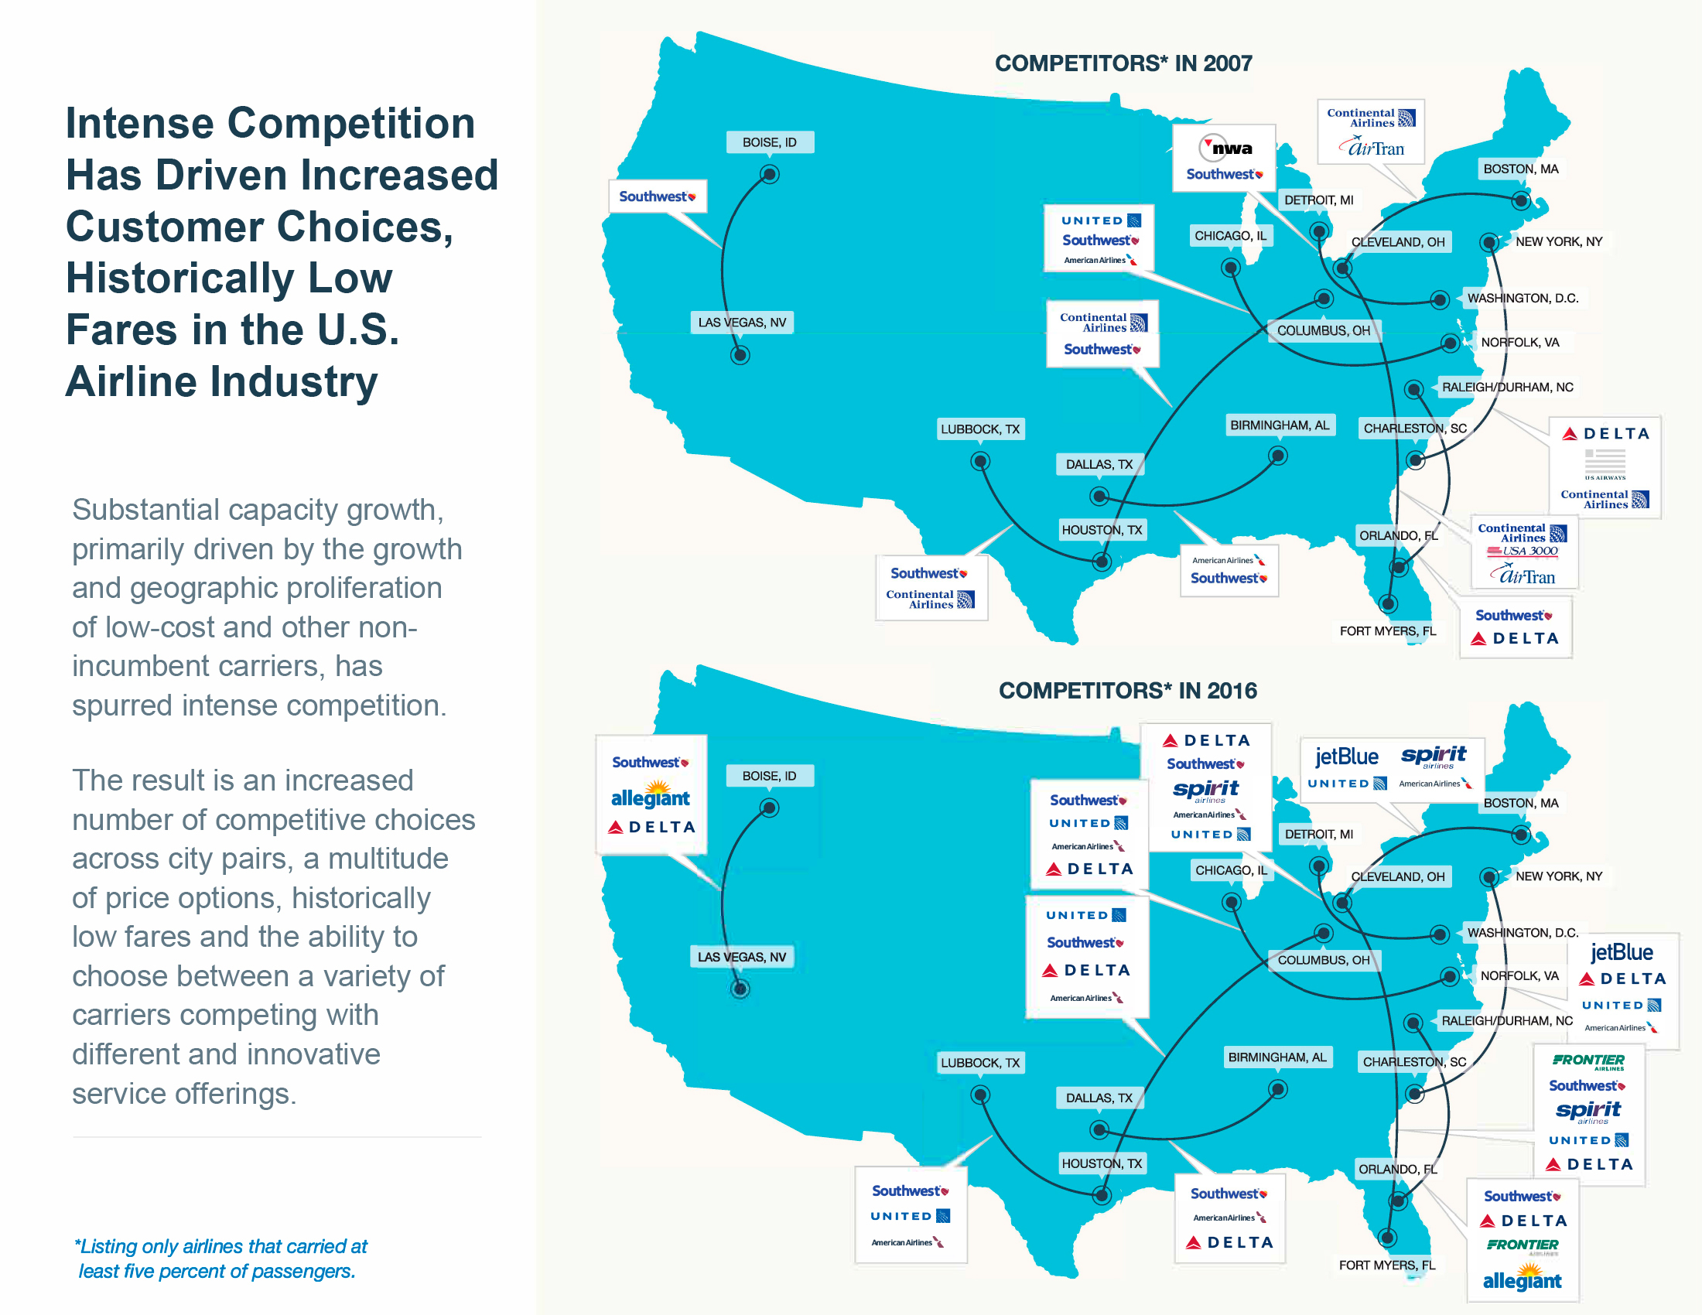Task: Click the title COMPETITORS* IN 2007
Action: tap(1123, 63)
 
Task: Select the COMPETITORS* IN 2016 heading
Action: tap(1128, 690)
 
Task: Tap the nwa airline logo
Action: tap(1226, 147)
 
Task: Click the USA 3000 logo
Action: tap(1522, 552)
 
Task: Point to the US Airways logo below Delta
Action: tap(1605, 464)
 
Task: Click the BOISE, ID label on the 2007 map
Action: tap(769, 142)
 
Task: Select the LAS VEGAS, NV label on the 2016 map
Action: tap(742, 957)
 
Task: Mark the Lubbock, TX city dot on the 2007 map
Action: tap(979, 462)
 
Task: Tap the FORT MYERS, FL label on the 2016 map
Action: tap(1386, 1265)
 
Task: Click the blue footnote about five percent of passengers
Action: tap(221, 1258)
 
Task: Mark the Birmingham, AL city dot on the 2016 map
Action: tap(1278, 1089)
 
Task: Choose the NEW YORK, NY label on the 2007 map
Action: tap(1559, 241)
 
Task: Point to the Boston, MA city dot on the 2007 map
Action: tap(1520, 200)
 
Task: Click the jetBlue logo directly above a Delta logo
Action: tap(1621, 952)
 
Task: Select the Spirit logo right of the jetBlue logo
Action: tap(1433, 756)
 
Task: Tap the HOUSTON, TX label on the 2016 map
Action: tap(1101, 1163)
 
